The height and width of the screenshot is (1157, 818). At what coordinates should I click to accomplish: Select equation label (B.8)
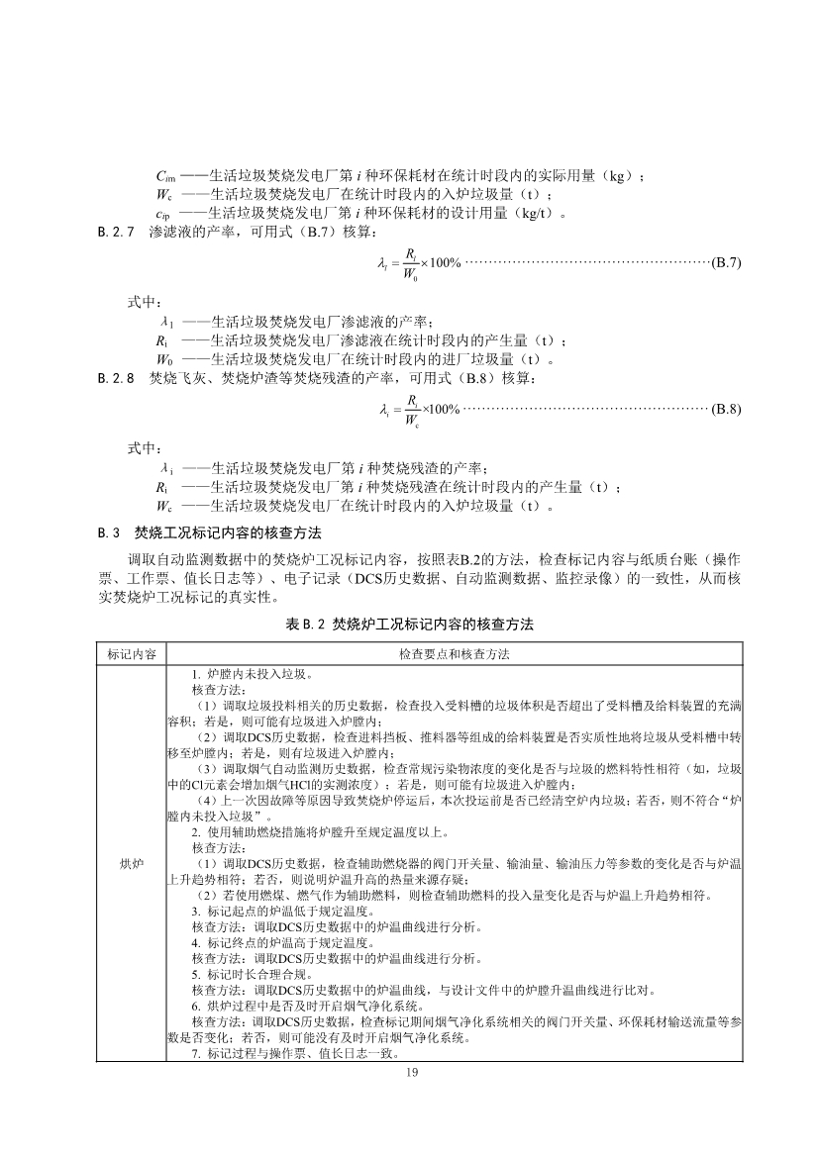tap(727, 409)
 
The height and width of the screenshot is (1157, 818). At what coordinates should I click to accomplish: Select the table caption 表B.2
tap(408, 625)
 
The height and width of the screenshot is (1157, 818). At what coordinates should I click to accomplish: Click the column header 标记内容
tap(132, 654)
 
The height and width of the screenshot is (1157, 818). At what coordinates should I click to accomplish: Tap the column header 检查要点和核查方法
tap(455, 654)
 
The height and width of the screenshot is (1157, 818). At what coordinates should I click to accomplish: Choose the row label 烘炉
tap(132, 864)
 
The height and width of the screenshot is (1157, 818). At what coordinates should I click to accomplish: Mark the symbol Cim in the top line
tap(166, 177)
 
